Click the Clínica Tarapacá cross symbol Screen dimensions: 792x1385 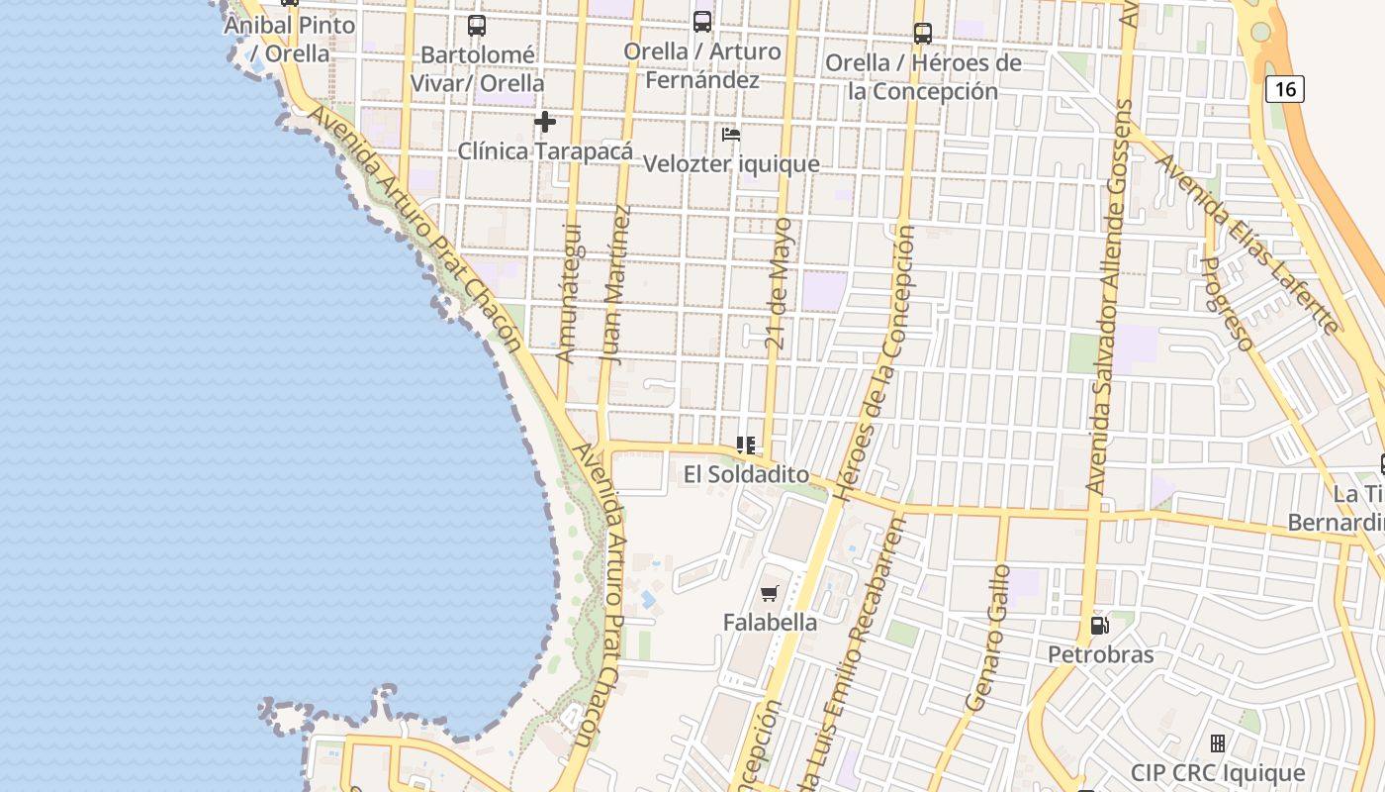click(544, 122)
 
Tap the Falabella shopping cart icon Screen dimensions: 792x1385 click(769, 593)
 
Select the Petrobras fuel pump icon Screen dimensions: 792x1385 click(1099, 625)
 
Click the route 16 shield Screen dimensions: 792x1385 click(1285, 89)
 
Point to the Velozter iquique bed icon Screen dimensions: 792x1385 click(731, 134)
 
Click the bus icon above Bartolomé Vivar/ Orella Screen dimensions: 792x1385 click(477, 26)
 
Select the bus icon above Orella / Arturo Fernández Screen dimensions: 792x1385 click(702, 21)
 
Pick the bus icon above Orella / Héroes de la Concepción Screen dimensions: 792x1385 click(923, 34)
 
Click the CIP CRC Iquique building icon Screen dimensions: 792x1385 click(1218, 742)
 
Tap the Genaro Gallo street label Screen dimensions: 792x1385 click(985, 638)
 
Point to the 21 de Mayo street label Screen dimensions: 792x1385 click(780, 284)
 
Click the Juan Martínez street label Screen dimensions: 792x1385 click(615, 284)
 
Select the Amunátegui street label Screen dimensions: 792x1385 click(568, 293)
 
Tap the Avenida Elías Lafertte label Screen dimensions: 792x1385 click(1248, 243)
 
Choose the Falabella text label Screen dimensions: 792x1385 click(770, 623)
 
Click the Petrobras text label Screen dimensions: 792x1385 click(1100, 654)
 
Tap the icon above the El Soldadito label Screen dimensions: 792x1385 click(746, 445)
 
